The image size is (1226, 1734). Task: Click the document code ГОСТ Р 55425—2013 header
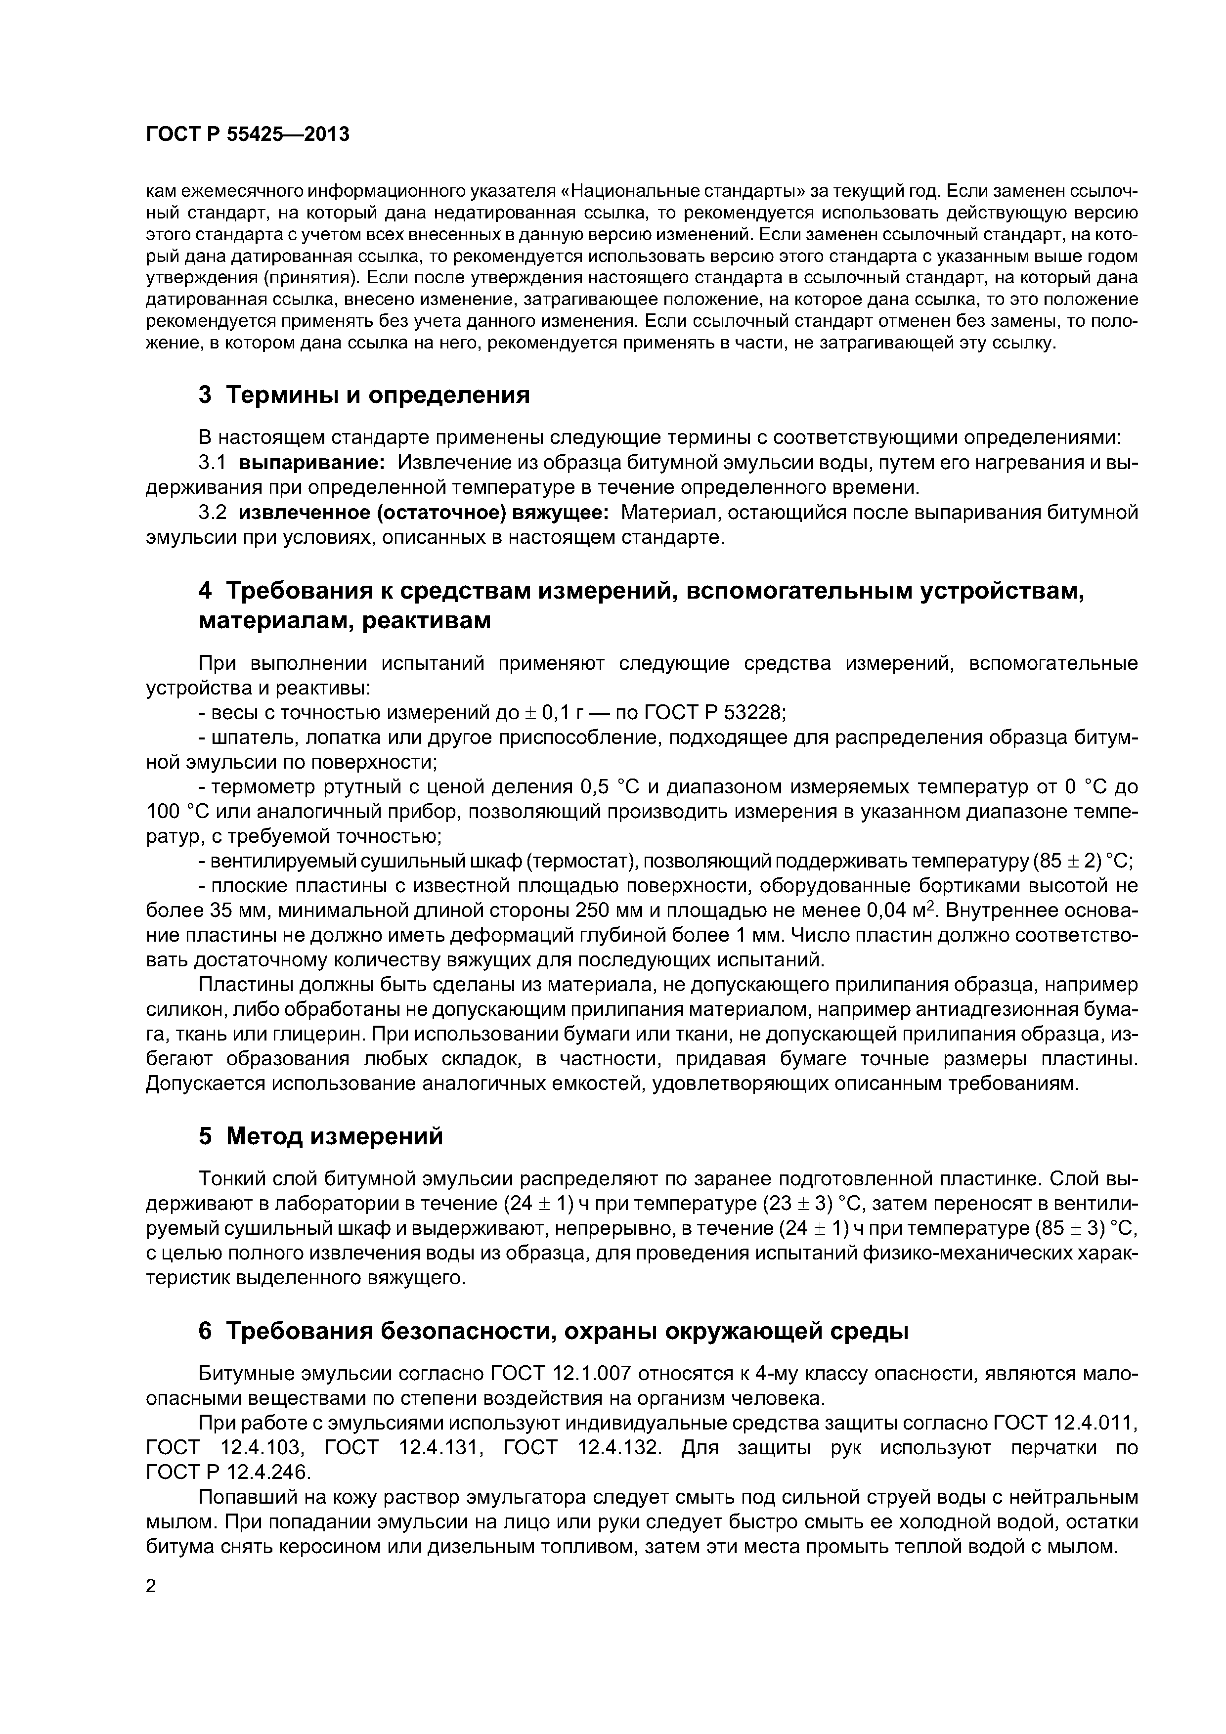click(x=247, y=134)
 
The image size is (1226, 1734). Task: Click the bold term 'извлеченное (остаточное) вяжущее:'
click(x=424, y=512)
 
